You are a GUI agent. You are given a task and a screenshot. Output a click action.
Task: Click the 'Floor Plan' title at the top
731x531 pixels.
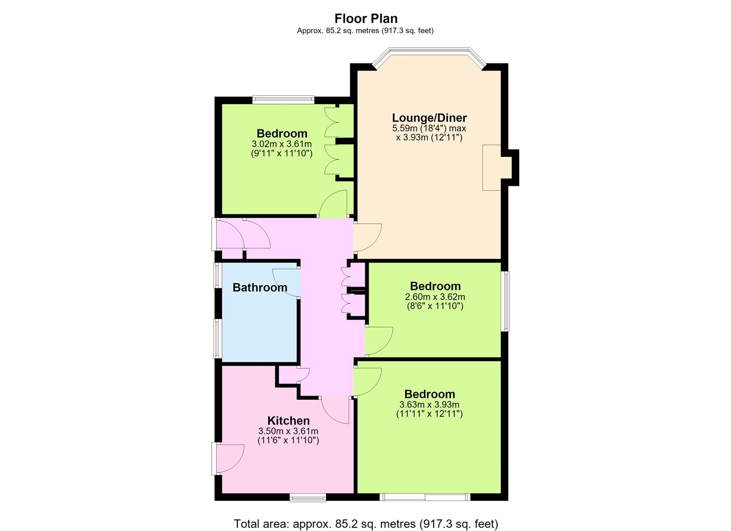[x=366, y=19]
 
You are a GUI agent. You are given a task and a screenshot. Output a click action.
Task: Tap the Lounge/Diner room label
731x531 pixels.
[x=429, y=118]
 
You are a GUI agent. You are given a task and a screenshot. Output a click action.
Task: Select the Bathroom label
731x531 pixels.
[x=260, y=288]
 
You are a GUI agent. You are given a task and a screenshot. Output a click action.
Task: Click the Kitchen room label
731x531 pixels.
[x=288, y=420]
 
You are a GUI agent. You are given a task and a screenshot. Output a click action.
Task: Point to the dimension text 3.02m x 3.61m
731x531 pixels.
[x=282, y=144]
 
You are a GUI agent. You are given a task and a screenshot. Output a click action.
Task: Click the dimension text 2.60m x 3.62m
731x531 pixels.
[x=435, y=297]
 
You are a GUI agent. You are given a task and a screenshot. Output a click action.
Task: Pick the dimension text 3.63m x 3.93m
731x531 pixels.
[x=429, y=405]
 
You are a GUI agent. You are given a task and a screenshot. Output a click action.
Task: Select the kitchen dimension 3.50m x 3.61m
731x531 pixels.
[x=288, y=431]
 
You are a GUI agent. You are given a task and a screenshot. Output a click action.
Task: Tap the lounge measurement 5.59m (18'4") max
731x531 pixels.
[x=429, y=128]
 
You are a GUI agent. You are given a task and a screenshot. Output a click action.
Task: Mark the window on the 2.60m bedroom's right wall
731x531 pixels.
[x=505, y=301]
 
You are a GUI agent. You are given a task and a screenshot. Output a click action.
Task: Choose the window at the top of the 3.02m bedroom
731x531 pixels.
[x=283, y=100]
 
